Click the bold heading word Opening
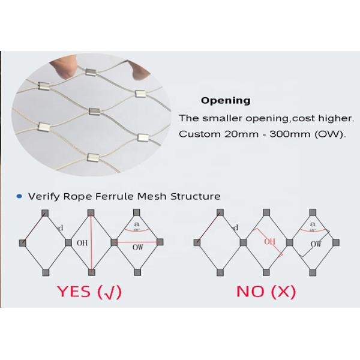click(225, 101)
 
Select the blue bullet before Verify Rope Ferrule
click(20, 196)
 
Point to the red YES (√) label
click(89, 292)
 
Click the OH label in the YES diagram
click(82, 244)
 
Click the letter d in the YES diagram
click(61, 228)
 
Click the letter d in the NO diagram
click(235, 227)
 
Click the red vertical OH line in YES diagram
click(91, 258)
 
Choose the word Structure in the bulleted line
click(196, 196)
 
